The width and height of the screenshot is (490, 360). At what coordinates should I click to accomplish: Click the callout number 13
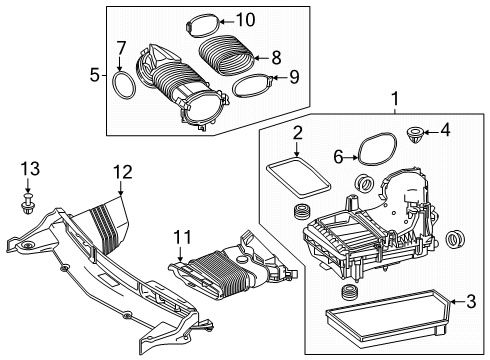pos(31,169)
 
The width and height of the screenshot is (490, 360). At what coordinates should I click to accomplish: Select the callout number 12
pos(123,172)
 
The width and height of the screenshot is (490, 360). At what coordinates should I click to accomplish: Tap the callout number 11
pos(182,238)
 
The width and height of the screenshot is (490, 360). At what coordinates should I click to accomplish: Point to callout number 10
pos(246,20)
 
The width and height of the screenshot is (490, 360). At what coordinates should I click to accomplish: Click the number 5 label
pos(95,75)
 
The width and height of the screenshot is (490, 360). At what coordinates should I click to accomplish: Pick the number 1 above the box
pos(395,99)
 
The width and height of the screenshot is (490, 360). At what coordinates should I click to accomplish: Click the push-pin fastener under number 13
pos(28,202)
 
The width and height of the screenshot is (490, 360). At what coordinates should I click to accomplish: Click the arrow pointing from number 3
pos(458,302)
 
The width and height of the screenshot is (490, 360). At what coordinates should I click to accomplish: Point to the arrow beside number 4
pos(431,133)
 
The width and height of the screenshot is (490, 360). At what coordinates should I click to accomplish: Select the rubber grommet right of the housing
pos(454,239)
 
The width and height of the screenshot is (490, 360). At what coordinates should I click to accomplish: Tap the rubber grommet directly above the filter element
pos(349,293)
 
